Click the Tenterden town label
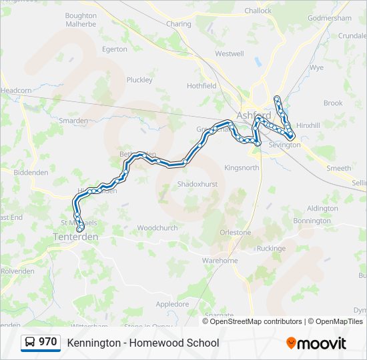[75, 237]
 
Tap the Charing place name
[178, 24]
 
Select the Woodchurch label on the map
[157, 228]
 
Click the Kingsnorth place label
[242, 167]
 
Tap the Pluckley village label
[139, 80]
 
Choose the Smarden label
[73, 121]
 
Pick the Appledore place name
[172, 304]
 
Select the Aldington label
[322, 209]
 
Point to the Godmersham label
[330, 18]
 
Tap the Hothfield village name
[202, 86]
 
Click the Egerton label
[114, 49]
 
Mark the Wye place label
[317, 68]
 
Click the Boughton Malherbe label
[81, 19]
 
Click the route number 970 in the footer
[47, 342]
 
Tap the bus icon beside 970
[30, 343]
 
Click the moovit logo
[316, 343]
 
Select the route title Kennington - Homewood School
[143, 343]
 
